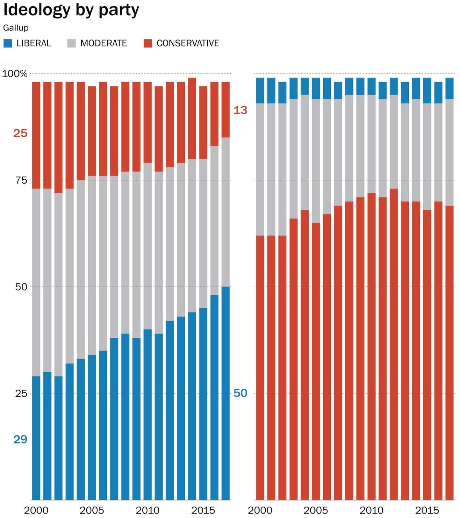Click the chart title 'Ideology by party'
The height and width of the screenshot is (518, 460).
[x=71, y=10]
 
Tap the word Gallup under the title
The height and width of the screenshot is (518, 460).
[x=16, y=28]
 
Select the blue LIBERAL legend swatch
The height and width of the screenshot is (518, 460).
[x=8, y=43]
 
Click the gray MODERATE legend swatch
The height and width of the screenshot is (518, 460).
[x=72, y=43]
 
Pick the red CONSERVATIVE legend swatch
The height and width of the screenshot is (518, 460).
[x=148, y=43]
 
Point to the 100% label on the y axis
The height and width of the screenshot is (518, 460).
[x=15, y=74]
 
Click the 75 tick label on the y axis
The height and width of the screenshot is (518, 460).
[x=21, y=180]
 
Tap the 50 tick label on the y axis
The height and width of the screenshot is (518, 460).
[x=21, y=287]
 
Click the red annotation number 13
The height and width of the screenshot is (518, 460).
[x=240, y=110]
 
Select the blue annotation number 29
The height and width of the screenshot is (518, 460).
[x=20, y=439]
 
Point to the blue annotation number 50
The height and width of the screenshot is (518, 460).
[x=240, y=393]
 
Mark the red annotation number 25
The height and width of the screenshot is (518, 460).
[x=20, y=133]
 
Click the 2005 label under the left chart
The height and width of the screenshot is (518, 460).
[x=92, y=511]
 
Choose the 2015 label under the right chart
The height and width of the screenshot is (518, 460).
[x=427, y=511]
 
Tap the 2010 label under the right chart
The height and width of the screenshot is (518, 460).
[x=371, y=511]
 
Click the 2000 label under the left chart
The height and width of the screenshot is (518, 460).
[x=36, y=511]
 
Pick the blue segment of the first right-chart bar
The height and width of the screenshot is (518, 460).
[x=260, y=91]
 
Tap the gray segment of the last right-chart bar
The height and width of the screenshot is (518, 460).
[x=449, y=152]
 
